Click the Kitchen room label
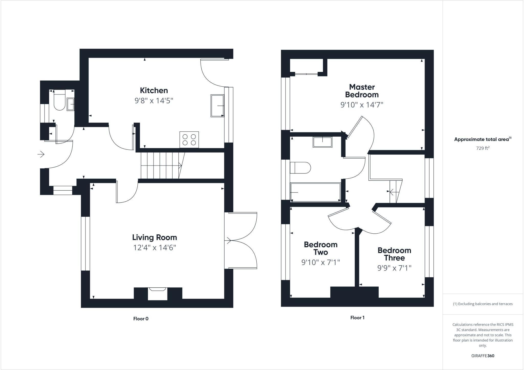pyautogui.click(x=154, y=90)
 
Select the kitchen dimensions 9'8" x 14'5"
pyautogui.click(x=154, y=101)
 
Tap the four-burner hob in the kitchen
pyautogui.click(x=189, y=140)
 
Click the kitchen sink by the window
pyautogui.click(x=217, y=106)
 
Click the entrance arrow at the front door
pyautogui.click(x=41, y=154)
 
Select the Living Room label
pyautogui.click(x=155, y=237)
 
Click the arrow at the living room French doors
pyautogui.click(x=228, y=240)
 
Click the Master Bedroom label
pyautogui.click(x=362, y=91)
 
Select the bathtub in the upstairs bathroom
pyautogui.click(x=315, y=192)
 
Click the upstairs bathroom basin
pyautogui.click(x=322, y=142)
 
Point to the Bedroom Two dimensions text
pyautogui.click(x=321, y=262)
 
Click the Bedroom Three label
pyautogui.click(x=394, y=254)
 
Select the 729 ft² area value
pyautogui.click(x=483, y=148)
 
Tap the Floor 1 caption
pyautogui.click(x=357, y=318)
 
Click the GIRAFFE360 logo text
pyautogui.click(x=483, y=356)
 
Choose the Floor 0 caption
pyautogui.click(x=141, y=319)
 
